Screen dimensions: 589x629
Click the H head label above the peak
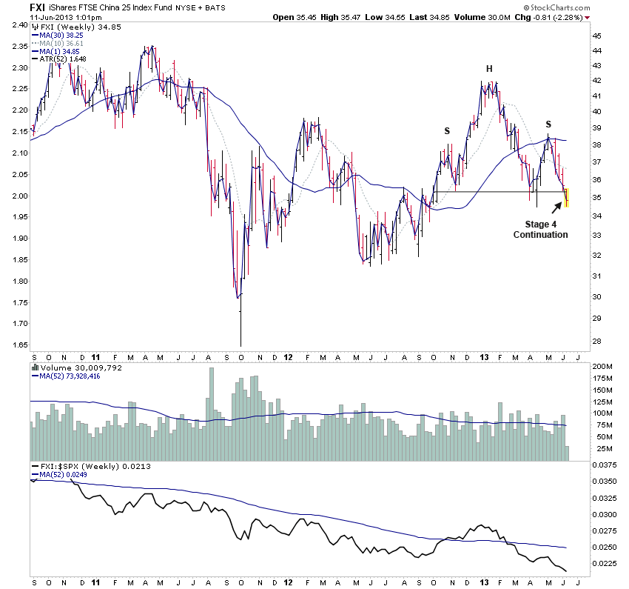[x=489, y=69]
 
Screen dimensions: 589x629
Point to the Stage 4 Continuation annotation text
[x=540, y=229]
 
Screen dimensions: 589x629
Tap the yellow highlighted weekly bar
[x=566, y=197]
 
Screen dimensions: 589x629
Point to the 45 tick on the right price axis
[x=596, y=36]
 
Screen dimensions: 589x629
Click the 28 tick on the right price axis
[x=596, y=341]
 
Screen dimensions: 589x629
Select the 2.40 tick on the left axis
[x=17, y=25]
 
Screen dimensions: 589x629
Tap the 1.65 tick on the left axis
[x=17, y=345]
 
